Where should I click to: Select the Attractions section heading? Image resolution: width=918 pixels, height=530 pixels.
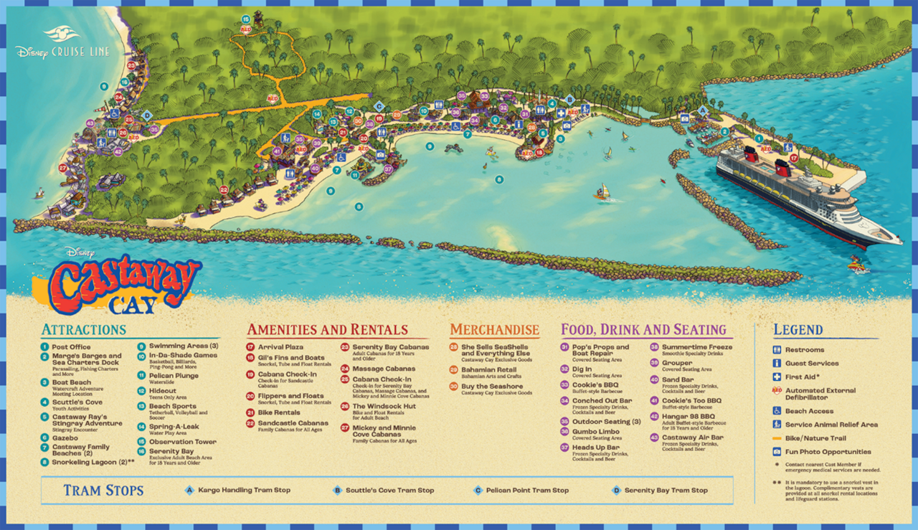83,330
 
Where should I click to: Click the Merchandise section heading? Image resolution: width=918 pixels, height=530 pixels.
494,330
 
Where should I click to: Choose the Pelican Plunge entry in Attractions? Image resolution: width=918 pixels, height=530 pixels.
174,376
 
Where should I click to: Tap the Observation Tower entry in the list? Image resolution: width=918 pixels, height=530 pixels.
181,442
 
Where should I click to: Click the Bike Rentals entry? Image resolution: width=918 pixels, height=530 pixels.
278,412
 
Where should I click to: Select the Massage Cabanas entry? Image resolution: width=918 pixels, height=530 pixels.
383,369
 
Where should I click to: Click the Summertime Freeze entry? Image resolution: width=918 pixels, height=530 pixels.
691,347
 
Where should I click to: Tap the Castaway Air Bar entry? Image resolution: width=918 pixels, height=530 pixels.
692,437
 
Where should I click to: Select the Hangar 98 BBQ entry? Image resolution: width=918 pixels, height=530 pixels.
687,416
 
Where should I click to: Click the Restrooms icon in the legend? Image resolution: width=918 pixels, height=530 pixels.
777,350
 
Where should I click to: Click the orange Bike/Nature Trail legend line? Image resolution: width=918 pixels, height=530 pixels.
777,438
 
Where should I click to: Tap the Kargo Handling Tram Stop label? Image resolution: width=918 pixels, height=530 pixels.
244,491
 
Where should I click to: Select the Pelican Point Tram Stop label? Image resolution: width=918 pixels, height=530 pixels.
527,491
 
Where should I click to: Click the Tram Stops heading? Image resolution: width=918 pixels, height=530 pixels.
103,491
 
